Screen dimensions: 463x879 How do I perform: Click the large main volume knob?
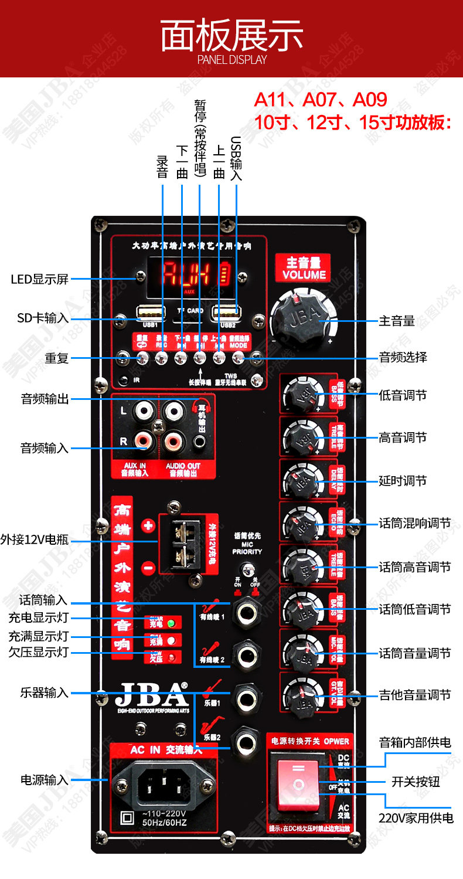coord(301,320)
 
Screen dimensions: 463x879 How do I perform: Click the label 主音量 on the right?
coord(397,321)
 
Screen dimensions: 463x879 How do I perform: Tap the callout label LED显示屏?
coord(40,280)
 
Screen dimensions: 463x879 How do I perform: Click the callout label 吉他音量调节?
coord(415,695)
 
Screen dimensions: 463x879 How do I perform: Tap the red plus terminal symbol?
coord(148,525)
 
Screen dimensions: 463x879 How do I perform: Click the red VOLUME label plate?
coord(304,269)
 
